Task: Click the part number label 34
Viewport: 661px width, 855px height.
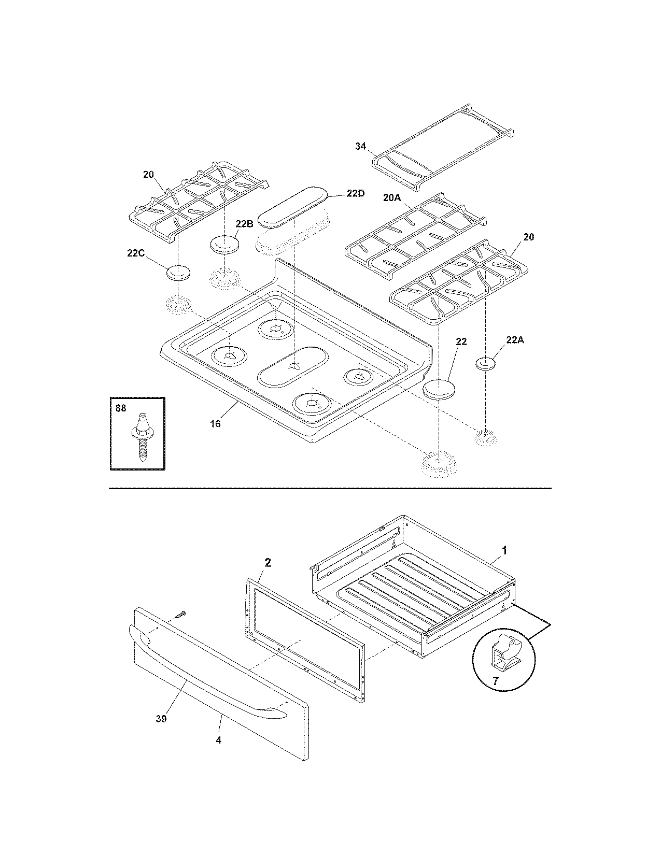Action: click(x=360, y=147)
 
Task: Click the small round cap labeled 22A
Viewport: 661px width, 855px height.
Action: click(x=487, y=363)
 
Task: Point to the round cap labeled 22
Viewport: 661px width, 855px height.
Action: click(x=440, y=390)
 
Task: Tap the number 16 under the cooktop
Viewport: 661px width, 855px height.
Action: click(x=215, y=424)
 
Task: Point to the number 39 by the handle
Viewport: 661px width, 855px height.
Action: click(x=161, y=719)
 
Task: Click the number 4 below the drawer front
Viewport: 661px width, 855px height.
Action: click(x=218, y=740)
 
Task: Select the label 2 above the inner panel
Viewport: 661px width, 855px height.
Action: click(x=268, y=562)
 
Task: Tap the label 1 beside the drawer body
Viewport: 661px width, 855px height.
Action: click(x=504, y=550)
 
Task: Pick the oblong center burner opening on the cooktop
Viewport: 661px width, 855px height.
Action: click(x=293, y=366)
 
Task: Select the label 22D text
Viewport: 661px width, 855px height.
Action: click(x=356, y=193)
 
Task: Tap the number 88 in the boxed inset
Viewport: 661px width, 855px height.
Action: click(x=120, y=408)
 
